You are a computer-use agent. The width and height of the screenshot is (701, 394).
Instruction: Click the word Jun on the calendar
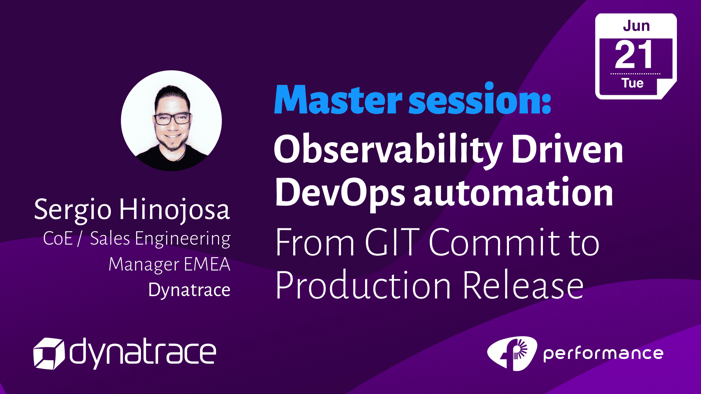(x=636, y=26)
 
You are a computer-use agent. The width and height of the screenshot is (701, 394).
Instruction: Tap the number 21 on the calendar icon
(x=634, y=55)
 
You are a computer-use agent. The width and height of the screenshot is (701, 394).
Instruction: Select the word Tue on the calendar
(x=633, y=83)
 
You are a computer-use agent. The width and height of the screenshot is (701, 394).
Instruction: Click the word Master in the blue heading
(x=338, y=99)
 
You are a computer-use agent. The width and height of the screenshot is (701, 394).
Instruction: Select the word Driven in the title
(x=567, y=149)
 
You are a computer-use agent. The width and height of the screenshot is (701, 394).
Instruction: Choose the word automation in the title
(x=513, y=193)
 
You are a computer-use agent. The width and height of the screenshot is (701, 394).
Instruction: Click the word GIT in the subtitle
(x=392, y=242)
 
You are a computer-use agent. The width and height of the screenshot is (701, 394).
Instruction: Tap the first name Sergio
(x=73, y=210)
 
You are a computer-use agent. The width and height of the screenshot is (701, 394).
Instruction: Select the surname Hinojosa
(x=175, y=210)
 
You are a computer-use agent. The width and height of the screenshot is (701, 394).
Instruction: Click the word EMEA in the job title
(x=207, y=264)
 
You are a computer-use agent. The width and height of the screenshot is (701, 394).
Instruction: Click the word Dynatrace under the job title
(x=189, y=290)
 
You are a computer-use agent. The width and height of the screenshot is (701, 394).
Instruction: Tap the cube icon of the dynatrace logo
(x=49, y=354)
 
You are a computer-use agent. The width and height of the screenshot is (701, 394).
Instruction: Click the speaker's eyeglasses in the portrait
(x=172, y=119)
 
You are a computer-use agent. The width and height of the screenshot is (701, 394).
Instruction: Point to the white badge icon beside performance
(x=512, y=353)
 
